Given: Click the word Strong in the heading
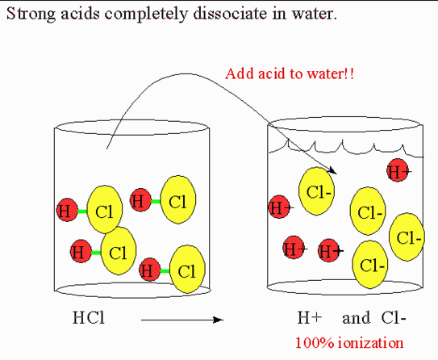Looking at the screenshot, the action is point(31,14).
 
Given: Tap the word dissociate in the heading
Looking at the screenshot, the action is point(230,13).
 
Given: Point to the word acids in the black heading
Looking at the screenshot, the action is point(80,13).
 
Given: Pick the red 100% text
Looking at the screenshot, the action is point(315,343).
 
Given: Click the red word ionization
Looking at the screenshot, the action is point(371,342).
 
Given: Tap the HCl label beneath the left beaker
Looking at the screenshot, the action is point(89,318).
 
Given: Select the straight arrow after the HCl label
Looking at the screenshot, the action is point(182,320).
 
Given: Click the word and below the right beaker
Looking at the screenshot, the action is point(357,318).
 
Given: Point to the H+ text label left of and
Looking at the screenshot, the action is point(310,318).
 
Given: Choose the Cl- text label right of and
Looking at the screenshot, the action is point(394,318).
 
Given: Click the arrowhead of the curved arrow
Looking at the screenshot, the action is point(332,170).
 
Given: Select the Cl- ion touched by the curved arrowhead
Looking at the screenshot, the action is point(316,191).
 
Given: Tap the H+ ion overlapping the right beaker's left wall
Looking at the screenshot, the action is point(279,207).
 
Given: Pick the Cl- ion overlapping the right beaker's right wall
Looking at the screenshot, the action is point(407,237).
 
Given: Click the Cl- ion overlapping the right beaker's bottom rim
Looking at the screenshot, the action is point(370,265).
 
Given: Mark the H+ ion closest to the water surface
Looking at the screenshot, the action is point(398,170).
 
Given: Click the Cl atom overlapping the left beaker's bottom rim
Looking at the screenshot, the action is point(187,269).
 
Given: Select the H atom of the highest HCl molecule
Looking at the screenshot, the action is point(141,200).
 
